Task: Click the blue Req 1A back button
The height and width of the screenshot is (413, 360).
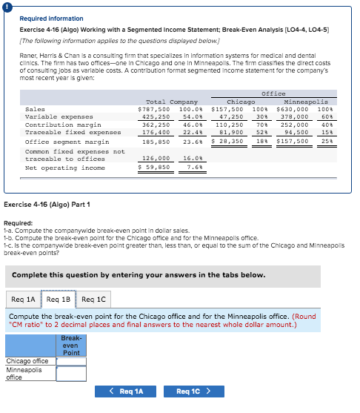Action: tap(126, 391)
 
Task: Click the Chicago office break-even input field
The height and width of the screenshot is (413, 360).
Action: tap(71, 361)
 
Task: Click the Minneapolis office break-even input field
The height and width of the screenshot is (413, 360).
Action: tap(71, 373)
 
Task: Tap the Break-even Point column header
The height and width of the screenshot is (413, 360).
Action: tap(71, 346)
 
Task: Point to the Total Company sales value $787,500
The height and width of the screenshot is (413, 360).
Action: tap(155, 109)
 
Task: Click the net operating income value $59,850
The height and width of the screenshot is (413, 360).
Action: tap(155, 167)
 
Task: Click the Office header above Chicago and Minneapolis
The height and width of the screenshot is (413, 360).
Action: tap(273, 93)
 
